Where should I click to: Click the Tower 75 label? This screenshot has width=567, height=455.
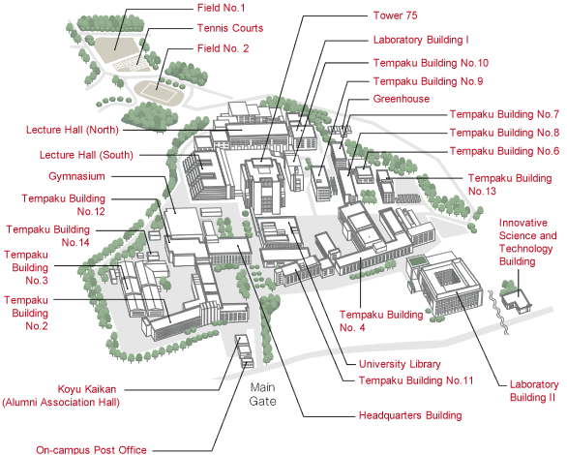[x=395, y=15]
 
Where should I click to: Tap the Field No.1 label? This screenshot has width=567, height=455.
[x=221, y=8]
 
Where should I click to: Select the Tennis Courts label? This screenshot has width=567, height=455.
[x=230, y=28]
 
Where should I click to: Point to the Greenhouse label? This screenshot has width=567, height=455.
[x=402, y=99]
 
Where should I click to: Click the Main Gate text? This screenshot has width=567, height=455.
[x=262, y=394]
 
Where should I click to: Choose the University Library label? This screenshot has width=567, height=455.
[x=400, y=364]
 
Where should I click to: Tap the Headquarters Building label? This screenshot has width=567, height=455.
[x=410, y=415]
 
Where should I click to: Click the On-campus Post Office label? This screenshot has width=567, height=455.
[x=91, y=449]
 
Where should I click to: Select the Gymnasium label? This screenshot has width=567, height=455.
[x=76, y=176]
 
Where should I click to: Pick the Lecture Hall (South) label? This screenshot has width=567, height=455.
[x=86, y=155]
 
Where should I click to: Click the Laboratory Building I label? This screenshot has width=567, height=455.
[x=421, y=40]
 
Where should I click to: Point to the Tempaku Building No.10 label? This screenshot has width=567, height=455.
[x=431, y=63]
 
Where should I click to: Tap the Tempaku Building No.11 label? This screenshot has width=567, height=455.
[x=416, y=380]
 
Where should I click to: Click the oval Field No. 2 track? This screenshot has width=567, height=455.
[x=159, y=93]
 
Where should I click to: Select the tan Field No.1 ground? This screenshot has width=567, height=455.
[x=116, y=48]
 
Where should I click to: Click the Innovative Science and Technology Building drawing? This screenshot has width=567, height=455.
[x=516, y=300]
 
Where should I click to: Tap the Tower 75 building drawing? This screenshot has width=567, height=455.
[x=263, y=185]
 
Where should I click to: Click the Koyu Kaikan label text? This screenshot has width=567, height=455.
[x=87, y=389]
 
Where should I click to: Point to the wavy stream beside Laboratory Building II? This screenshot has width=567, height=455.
[x=498, y=312]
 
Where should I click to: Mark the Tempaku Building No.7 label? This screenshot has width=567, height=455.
[x=504, y=114]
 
